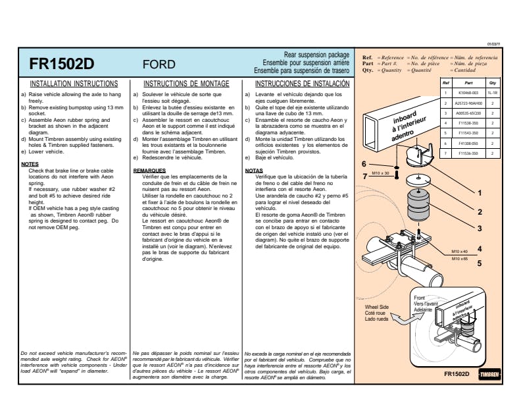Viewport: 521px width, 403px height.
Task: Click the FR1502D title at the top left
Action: (62, 64)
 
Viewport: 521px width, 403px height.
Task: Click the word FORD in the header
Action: (159, 65)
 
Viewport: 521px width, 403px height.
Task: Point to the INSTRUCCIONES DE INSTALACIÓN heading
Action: (302, 85)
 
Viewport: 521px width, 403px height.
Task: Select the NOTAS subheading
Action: (254, 171)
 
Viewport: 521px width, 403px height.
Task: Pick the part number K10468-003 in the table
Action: (469, 94)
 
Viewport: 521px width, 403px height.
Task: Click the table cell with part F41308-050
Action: (469, 143)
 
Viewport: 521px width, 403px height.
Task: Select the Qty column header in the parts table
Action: (491, 84)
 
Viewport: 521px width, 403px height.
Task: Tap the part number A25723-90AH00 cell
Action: (469, 103)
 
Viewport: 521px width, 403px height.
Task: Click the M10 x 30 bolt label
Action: (380, 173)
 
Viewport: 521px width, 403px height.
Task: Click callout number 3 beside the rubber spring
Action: (480, 228)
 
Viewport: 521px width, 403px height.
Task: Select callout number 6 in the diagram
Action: (364, 163)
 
